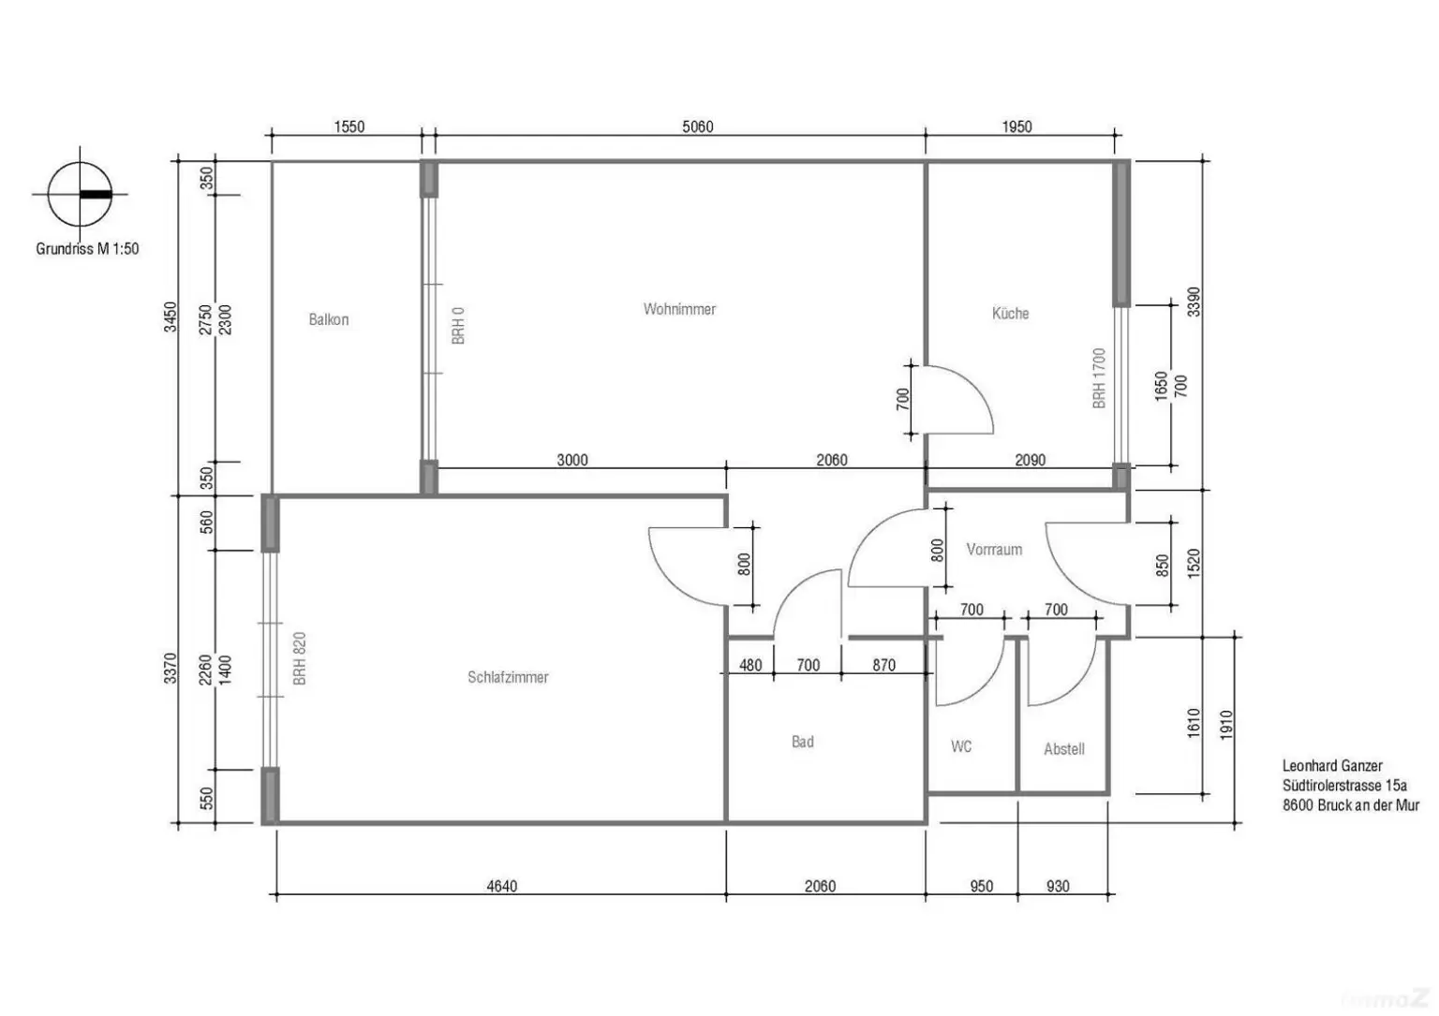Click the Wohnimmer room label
(679, 309)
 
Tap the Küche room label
(1010, 314)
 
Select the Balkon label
(328, 319)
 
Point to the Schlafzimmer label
(508, 677)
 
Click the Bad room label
(802, 742)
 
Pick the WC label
(961, 746)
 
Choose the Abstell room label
(1063, 749)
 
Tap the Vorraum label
(994, 550)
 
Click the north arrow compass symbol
(81, 195)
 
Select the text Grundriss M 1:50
(87, 249)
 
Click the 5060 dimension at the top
(697, 127)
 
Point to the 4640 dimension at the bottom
(501, 886)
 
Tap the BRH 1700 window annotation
(1099, 378)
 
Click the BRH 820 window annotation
(300, 658)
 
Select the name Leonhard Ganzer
(1331, 766)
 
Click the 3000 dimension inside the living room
(572, 460)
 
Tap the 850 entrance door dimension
(1163, 566)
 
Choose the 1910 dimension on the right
(1226, 725)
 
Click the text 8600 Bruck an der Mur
(1350, 805)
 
